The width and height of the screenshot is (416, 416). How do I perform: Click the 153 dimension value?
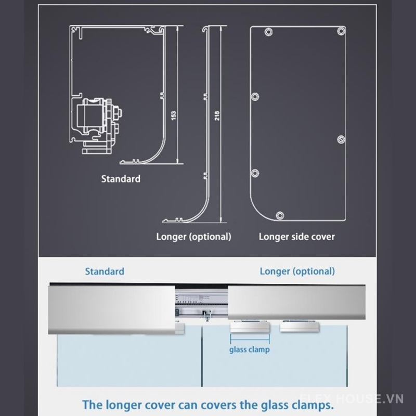(x=174, y=115)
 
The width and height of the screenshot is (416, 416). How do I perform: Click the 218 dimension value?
(x=217, y=115)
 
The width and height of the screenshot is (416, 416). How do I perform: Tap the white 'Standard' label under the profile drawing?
(x=121, y=179)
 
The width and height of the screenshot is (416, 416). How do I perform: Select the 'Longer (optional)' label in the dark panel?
(x=193, y=237)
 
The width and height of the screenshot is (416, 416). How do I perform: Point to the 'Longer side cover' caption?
(x=296, y=237)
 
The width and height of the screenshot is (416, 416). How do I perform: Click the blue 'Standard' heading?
(x=105, y=271)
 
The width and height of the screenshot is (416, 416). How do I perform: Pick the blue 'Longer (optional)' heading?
(x=297, y=271)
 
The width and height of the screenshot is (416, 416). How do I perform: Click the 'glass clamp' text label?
(x=250, y=349)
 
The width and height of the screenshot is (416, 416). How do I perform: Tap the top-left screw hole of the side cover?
(x=268, y=32)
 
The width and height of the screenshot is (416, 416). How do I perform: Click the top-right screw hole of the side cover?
(x=341, y=31)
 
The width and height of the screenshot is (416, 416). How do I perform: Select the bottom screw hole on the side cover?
(x=280, y=216)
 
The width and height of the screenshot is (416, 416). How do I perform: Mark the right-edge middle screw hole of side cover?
(x=341, y=139)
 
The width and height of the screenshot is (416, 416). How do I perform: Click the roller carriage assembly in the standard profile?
(x=99, y=125)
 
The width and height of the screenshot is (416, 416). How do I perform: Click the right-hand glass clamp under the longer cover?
(x=300, y=327)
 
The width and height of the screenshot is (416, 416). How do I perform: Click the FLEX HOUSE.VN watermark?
(x=352, y=399)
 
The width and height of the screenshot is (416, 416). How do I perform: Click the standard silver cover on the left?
(x=112, y=310)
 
